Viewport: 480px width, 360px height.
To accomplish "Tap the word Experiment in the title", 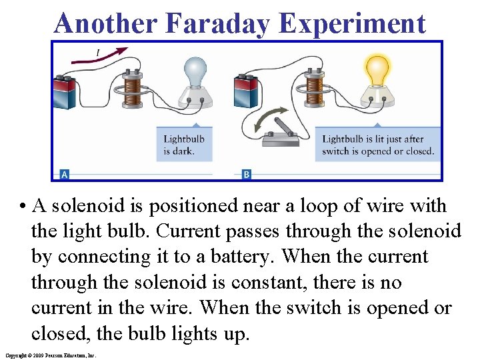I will [x=353, y=23].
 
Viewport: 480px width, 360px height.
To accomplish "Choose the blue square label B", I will [x=246, y=175].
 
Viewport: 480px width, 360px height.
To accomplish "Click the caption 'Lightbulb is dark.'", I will [x=184, y=145].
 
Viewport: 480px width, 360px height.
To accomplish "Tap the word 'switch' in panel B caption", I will [x=336, y=151].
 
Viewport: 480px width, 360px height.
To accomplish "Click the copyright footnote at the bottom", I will [x=50, y=355].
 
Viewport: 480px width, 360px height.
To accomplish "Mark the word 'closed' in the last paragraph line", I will [x=60, y=333].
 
